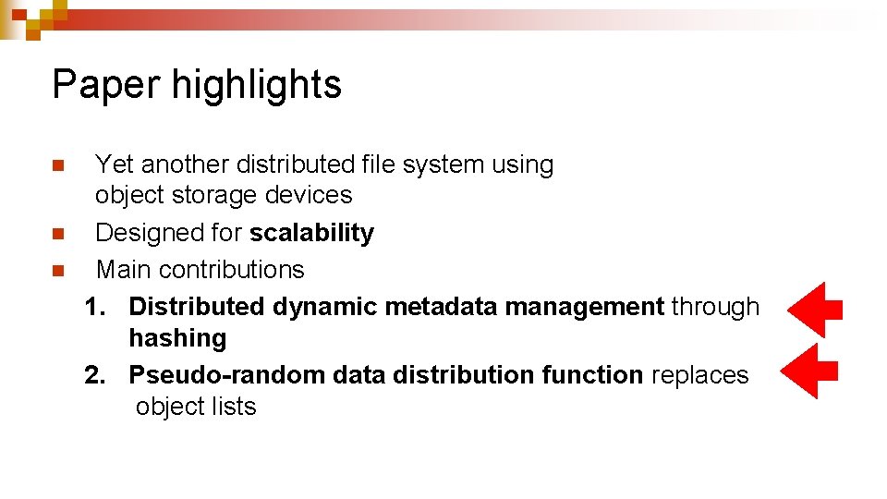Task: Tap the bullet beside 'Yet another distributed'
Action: pos(57,166)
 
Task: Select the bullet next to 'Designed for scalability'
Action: pos(57,234)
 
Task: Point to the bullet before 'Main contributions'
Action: pos(57,271)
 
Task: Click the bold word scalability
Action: pos(311,233)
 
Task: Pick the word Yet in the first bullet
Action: pos(115,164)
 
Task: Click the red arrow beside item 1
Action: pos(814,310)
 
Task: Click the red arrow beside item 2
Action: pos(809,371)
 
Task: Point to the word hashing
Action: pos(177,338)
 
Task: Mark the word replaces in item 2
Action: pos(699,375)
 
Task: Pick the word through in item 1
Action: pos(715,307)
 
